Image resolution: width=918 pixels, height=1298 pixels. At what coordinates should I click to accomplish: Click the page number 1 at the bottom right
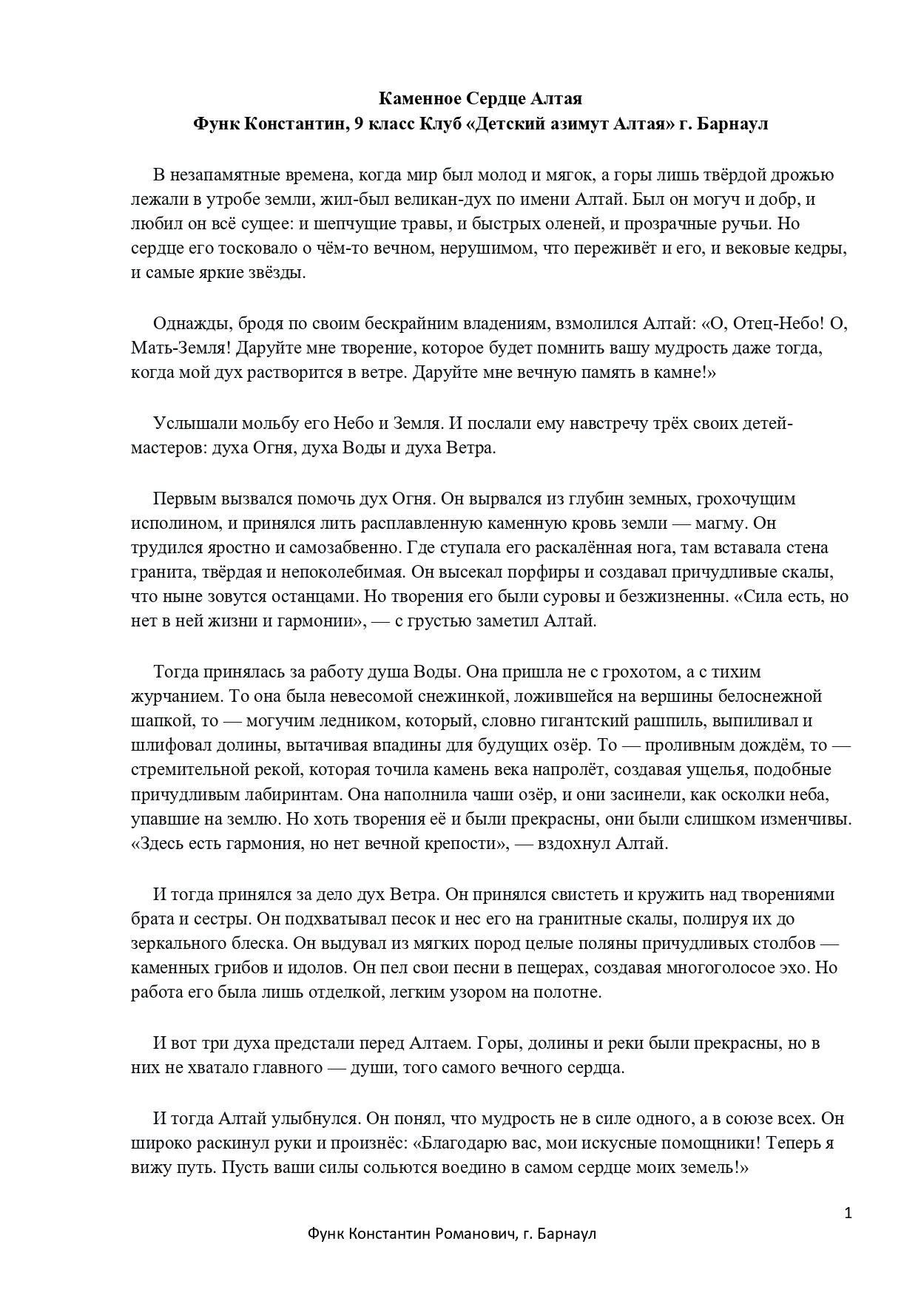(x=848, y=1213)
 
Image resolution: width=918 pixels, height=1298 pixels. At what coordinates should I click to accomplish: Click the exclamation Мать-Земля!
(x=173, y=348)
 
